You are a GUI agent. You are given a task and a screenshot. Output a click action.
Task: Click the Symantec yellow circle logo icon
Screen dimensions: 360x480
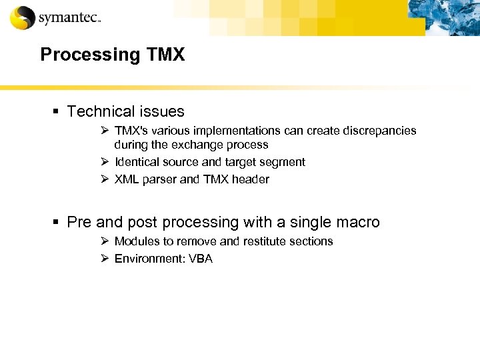(x=22, y=17)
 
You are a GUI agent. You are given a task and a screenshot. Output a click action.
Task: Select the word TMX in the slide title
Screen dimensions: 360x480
(x=163, y=55)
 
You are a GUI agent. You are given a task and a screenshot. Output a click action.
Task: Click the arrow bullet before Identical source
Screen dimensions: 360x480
(x=105, y=162)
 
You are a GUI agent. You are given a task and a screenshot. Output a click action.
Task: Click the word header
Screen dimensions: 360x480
(x=250, y=179)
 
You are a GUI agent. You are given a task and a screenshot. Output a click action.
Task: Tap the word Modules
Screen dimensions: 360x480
(x=136, y=241)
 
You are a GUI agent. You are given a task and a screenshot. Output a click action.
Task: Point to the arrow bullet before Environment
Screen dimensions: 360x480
(x=105, y=259)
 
